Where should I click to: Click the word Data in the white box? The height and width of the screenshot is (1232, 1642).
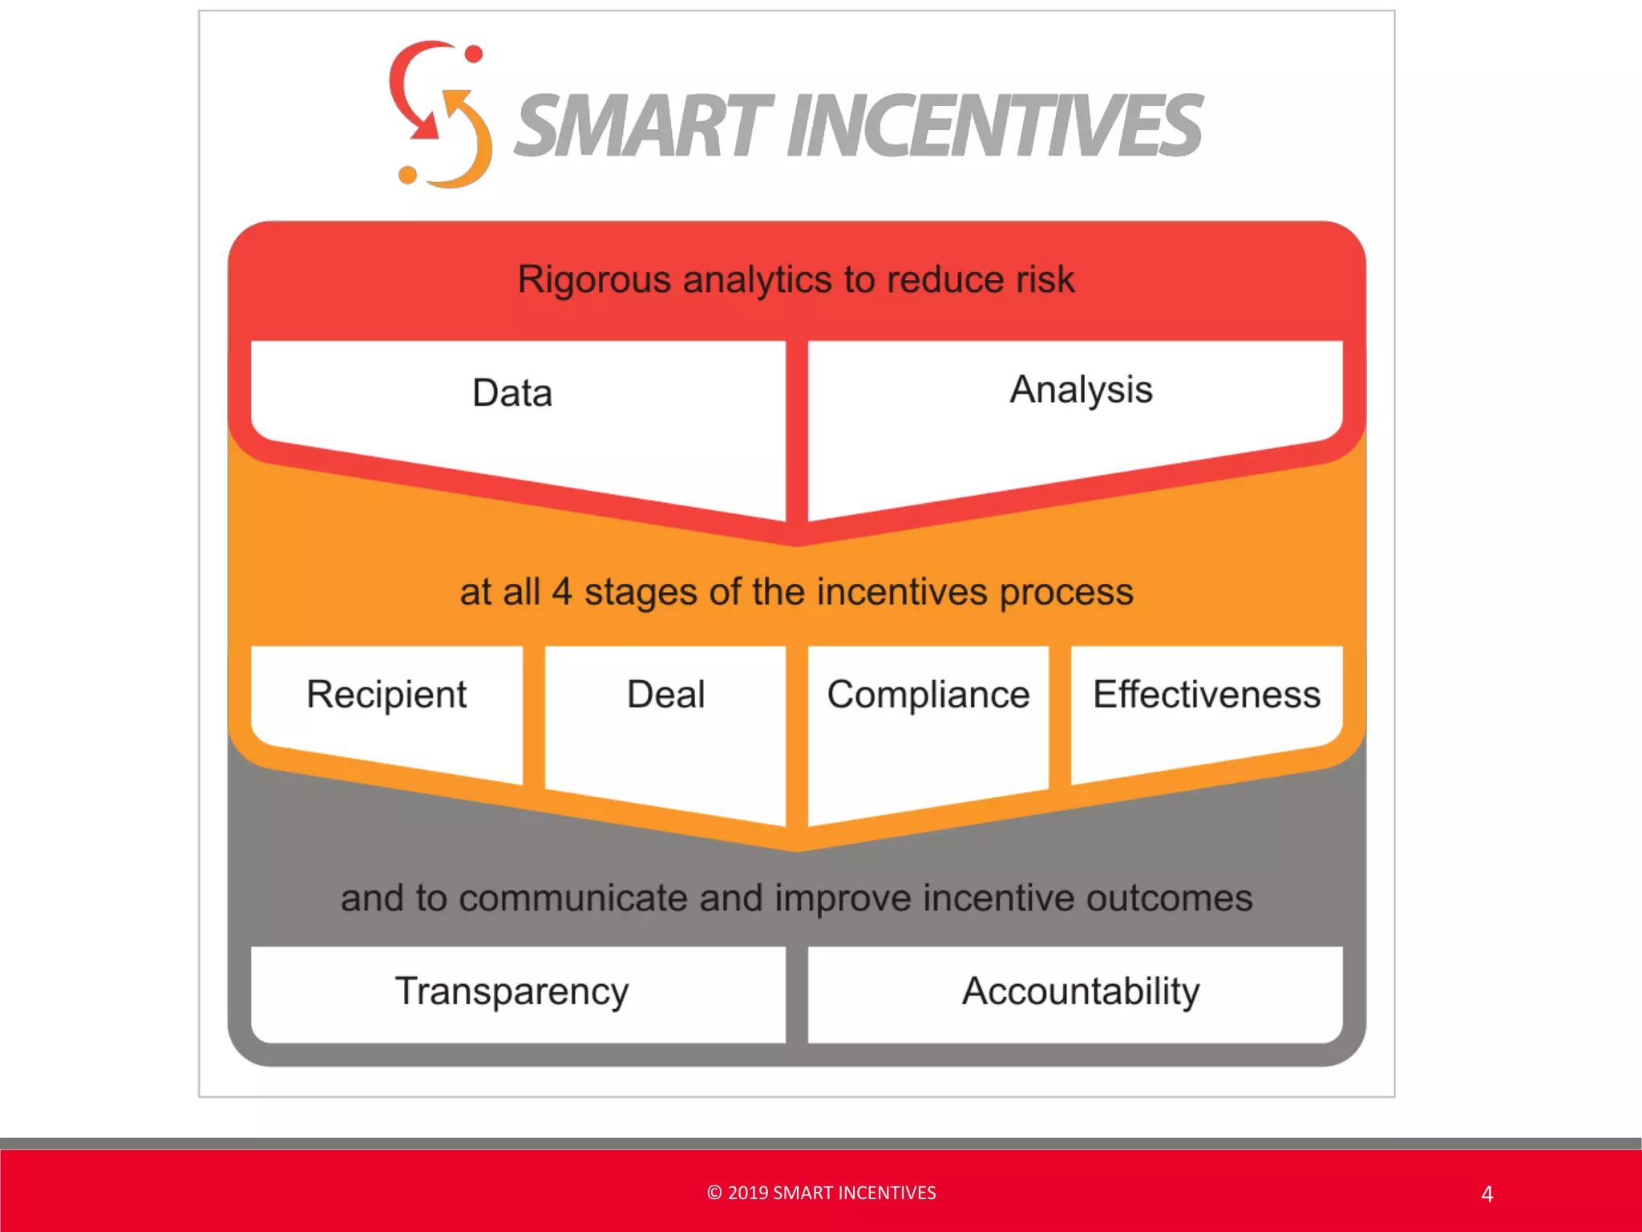pos(512,393)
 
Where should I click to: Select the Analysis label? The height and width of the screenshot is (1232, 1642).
pos(1081,390)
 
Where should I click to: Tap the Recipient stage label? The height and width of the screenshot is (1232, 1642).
pos(386,695)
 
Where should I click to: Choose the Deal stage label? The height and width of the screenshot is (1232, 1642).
pos(665,695)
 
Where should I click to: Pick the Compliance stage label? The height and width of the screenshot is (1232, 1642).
pos(928,695)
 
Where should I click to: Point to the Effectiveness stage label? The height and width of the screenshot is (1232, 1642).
pos(1207,695)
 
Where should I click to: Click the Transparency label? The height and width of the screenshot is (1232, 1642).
pos(512,991)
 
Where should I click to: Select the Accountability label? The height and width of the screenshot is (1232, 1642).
pos(1081,991)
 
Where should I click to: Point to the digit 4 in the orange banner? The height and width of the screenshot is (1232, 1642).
pos(562,592)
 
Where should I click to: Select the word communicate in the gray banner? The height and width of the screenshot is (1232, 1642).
pos(573,898)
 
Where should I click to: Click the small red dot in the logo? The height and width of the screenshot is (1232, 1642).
pos(474,54)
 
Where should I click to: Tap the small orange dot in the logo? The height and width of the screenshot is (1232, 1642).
pos(407,174)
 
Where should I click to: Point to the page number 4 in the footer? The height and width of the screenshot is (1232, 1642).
pos(1487,1194)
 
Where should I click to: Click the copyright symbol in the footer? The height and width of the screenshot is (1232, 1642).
pos(714,1193)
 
